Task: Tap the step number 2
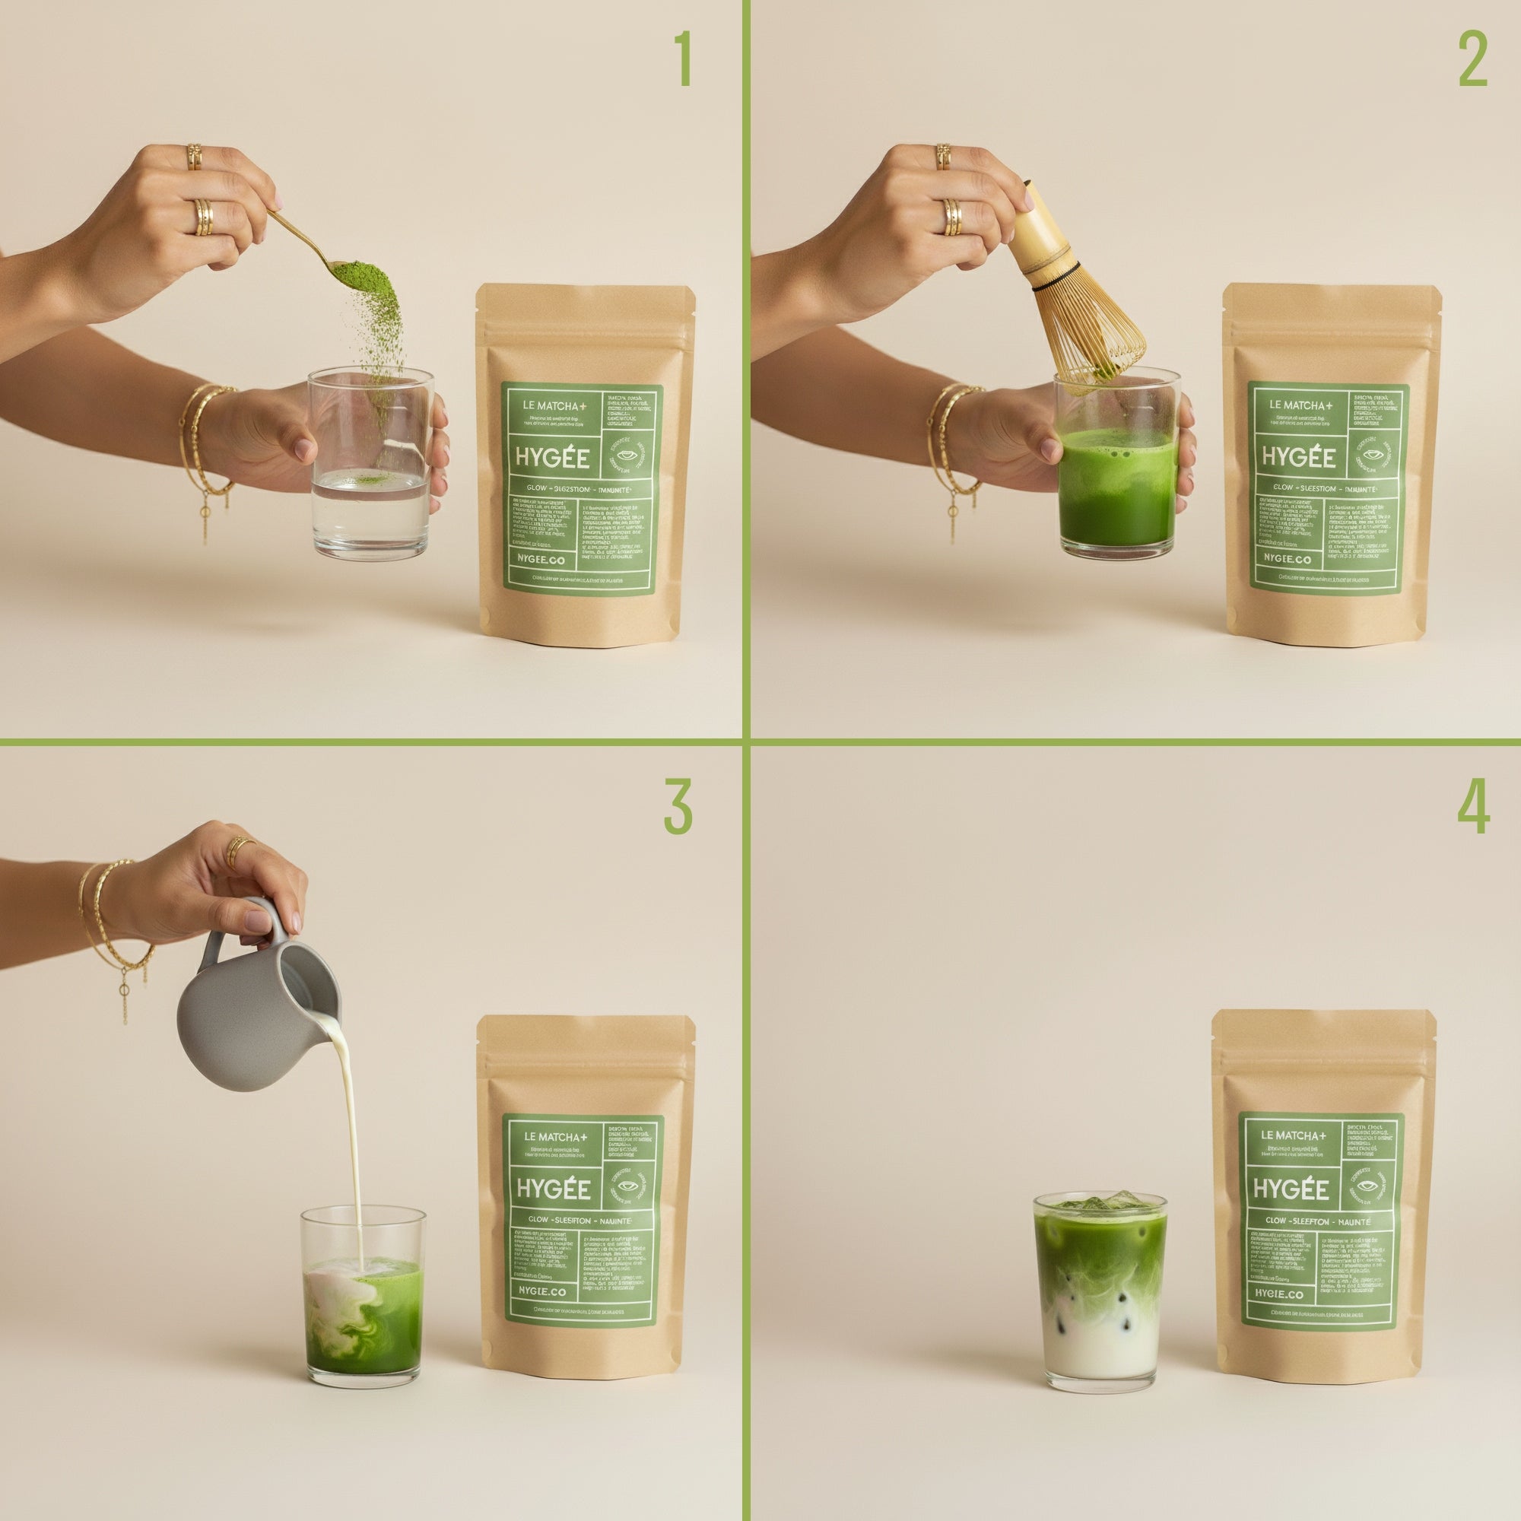(1472, 60)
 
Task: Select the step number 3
(678, 808)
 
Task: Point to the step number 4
(1473, 808)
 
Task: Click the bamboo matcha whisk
(1071, 291)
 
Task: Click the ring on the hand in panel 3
(238, 851)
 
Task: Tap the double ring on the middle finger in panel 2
(953, 218)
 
